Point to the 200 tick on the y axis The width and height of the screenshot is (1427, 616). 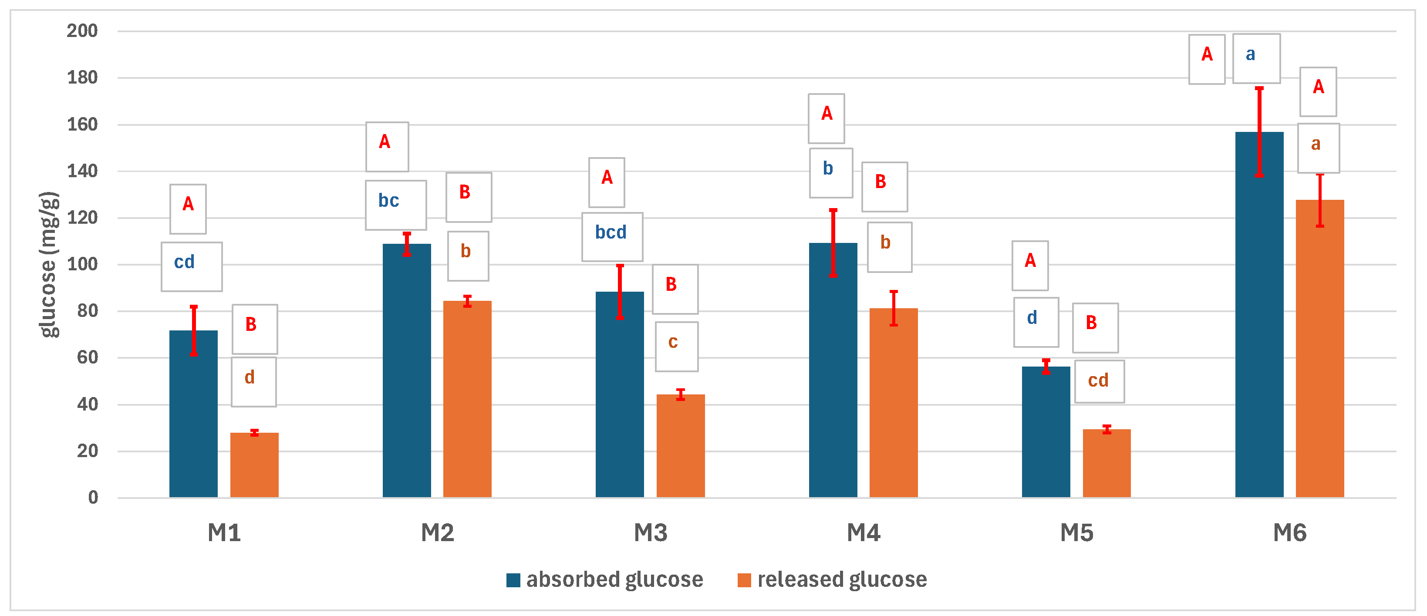82,31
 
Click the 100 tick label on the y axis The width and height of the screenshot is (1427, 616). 82,264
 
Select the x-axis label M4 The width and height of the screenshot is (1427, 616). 863,533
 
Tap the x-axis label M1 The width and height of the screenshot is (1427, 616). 224,533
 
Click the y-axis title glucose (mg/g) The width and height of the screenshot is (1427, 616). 49,264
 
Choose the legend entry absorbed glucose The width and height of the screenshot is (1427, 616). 614,579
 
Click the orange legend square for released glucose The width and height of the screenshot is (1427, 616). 744,580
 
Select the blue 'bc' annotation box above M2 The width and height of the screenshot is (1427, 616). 395,205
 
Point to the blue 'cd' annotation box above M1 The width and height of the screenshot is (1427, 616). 192,266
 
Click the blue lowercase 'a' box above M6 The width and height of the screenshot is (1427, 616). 1256,59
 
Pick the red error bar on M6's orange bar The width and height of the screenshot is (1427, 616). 1319,201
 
